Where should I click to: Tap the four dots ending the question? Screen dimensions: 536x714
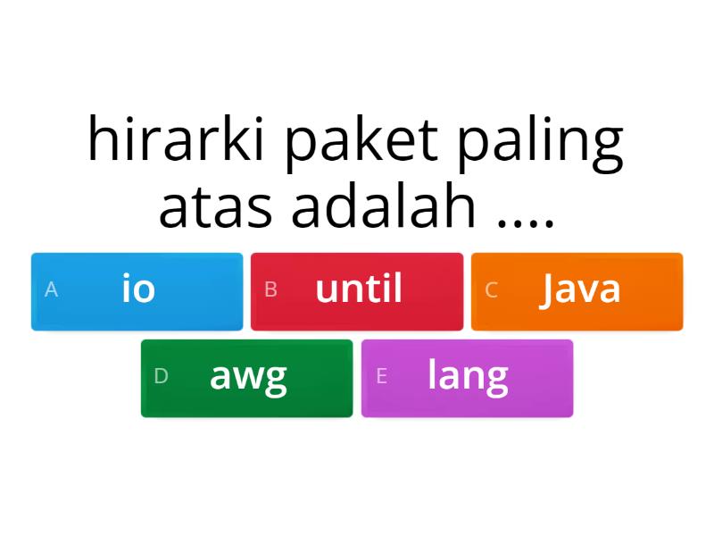(527, 219)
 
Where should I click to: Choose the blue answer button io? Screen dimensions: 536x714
(137, 291)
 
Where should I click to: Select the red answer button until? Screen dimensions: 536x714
(357, 291)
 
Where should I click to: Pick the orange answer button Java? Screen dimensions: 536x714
(577, 291)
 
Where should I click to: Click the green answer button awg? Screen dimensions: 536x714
(246, 378)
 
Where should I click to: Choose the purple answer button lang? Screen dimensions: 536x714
(467, 378)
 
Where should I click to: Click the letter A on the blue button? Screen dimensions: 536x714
(51, 290)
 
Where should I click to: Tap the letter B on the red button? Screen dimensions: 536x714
(271, 290)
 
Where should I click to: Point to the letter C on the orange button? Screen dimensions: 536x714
(491, 290)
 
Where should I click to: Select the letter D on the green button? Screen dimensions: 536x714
(161, 377)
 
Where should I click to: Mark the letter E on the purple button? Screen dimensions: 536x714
(381, 377)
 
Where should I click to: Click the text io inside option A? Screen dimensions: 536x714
(138, 289)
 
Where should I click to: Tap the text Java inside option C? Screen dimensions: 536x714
(580, 289)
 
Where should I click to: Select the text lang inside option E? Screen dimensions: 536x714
(468, 376)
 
